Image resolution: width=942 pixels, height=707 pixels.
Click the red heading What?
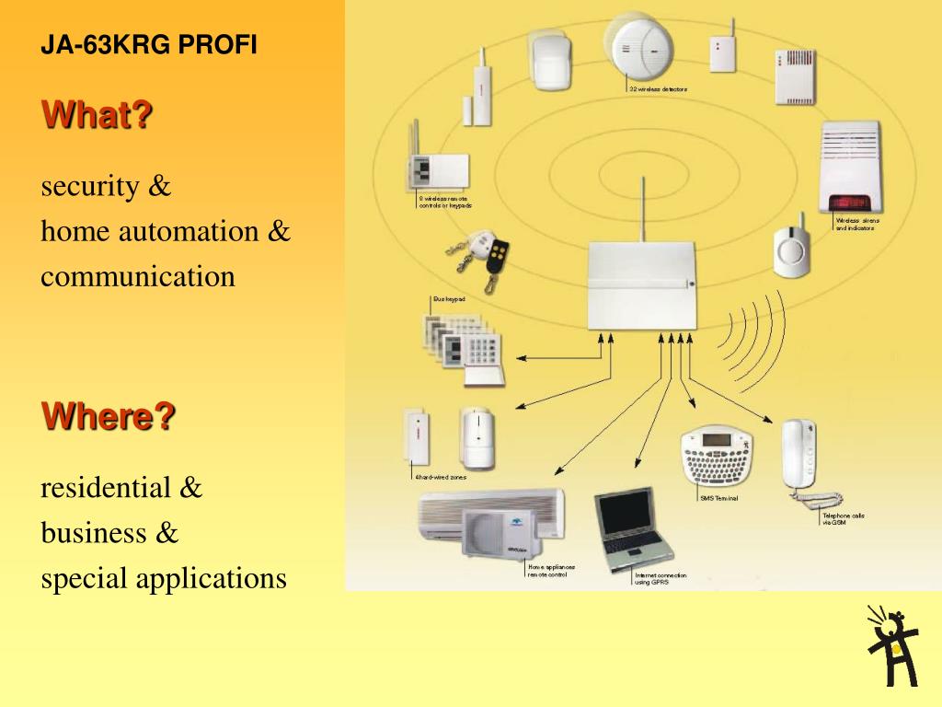coord(97,116)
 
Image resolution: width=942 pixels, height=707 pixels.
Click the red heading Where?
coord(108,417)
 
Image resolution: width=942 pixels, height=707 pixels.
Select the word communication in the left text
coord(138,276)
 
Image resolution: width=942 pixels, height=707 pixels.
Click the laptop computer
coord(632,528)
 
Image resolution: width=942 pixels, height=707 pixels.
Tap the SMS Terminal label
coord(719,498)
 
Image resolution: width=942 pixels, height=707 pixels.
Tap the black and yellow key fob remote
coord(498,255)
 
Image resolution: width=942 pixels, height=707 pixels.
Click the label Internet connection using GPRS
coord(660,578)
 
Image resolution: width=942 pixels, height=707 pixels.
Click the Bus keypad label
coord(449,299)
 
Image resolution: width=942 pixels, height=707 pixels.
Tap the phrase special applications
coord(164,579)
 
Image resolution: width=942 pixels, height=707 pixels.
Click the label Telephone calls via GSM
coord(843,519)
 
